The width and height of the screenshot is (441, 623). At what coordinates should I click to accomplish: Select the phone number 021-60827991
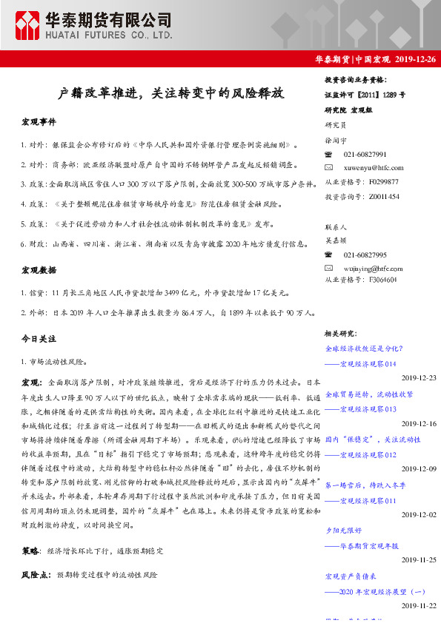pos(365,154)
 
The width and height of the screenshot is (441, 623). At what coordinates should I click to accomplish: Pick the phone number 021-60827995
pos(365,254)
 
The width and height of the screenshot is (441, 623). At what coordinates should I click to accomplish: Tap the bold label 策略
pos(31,552)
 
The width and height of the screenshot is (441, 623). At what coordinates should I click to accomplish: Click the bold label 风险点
pos(36,574)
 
